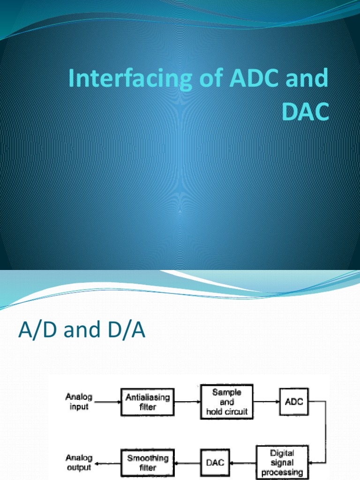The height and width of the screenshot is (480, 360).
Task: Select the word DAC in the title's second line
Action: click(x=304, y=112)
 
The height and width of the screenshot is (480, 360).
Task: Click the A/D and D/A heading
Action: click(x=82, y=331)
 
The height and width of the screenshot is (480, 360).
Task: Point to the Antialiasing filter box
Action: click(x=148, y=402)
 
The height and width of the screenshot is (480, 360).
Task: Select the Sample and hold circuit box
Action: click(x=226, y=402)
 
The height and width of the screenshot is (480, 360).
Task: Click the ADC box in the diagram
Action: click(x=294, y=402)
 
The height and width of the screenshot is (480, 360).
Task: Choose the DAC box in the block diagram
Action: click(x=215, y=463)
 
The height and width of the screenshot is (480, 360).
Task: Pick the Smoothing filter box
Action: click(x=148, y=463)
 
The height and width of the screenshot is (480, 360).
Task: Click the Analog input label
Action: click(x=79, y=402)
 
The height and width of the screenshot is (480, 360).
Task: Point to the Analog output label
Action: click(x=79, y=462)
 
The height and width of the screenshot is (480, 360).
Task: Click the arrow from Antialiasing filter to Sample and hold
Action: click(x=187, y=402)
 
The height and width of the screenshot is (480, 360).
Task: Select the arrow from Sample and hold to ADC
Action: click(x=266, y=402)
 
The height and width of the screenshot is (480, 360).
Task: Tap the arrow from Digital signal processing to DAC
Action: click(x=242, y=463)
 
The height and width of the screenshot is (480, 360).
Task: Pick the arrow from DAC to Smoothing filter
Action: click(x=187, y=463)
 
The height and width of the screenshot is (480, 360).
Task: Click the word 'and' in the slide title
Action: click(x=306, y=79)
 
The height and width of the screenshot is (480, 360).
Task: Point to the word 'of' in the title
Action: click(x=207, y=79)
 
